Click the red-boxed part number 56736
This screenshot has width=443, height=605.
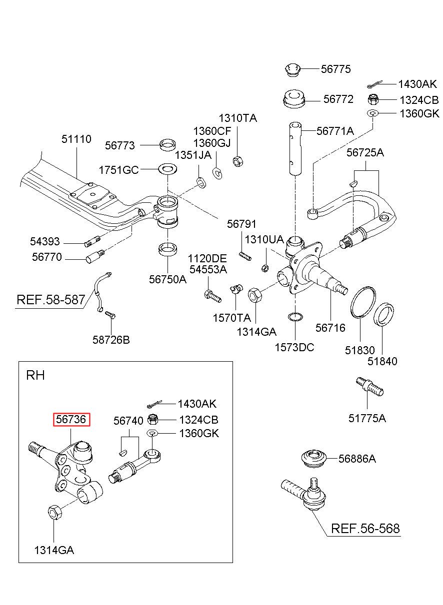(x=71, y=419)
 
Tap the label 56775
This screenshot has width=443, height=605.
(x=335, y=69)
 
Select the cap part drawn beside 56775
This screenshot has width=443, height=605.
(x=292, y=70)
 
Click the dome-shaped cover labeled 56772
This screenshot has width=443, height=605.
(x=293, y=99)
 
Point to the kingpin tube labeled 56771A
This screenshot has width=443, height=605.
(x=295, y=148)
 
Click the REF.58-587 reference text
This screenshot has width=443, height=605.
(x=51, y=300)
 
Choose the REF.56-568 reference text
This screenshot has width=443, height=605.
(x=365, y=528)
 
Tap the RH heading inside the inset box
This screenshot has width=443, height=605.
(x=35, y=375)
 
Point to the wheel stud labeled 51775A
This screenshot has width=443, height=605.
(x=369, y=387)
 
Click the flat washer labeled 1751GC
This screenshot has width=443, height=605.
(x=168, y=169)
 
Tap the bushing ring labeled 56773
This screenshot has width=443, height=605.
(x=167, y=145)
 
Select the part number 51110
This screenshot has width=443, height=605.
(x=76, y=139)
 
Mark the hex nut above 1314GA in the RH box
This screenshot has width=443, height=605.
(x=54, y=512)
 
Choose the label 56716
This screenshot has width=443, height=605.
(x=330, y=328)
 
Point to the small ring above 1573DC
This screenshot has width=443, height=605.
(x=295, y=316)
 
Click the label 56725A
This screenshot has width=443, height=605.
(x=365, y=152)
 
